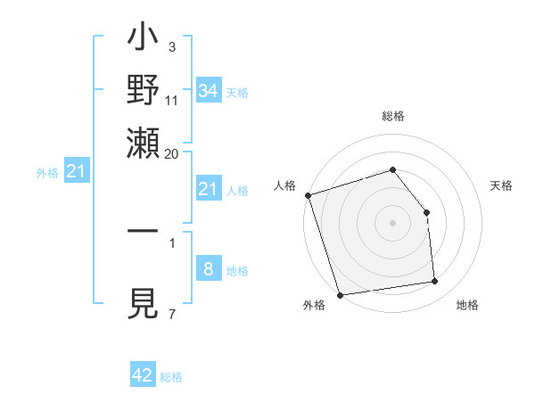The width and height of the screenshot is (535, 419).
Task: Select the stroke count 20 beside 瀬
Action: [172, 153]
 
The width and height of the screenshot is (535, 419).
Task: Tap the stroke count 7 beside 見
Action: [172, 314]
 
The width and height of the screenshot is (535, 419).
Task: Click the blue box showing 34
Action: [209, 90]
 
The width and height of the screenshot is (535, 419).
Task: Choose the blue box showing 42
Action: [143, 375]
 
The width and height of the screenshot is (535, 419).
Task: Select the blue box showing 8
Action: [209, 269]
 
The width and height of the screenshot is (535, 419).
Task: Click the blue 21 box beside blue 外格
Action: [75, 170]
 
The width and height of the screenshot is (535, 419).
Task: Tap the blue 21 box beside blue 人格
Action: [209, 188]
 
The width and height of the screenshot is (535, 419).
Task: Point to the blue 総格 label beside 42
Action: [171, 377]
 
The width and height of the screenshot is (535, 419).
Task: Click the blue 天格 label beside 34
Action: [237, 92]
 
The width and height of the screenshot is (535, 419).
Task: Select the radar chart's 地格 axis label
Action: [467, 306]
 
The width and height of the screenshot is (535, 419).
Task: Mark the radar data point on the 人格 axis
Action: [308, 195]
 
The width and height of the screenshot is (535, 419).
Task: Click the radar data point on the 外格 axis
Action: [340, 294]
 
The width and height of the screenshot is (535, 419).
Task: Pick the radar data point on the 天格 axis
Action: [426, 212]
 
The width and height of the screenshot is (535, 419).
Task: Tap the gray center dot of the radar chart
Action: [392, 223]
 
